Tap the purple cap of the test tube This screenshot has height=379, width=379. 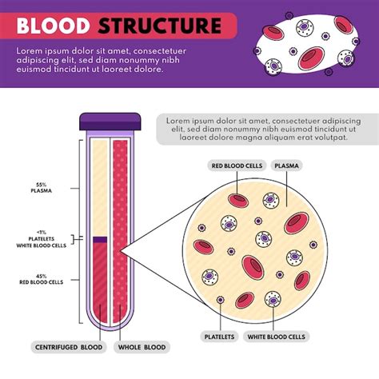tap(110, 122)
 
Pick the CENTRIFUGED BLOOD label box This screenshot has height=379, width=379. tap(70, 347)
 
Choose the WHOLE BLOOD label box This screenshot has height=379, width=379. tap(142, 347)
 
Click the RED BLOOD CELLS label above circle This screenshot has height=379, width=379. tap(236, 166)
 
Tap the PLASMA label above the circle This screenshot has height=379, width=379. tap(288, 166)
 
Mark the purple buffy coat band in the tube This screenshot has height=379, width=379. tap(100, 238)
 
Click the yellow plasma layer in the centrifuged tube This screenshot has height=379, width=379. tap(99, 188)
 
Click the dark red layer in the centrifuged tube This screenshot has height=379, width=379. tap(100, 280)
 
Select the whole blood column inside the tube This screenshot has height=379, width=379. tap(121, 232)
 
